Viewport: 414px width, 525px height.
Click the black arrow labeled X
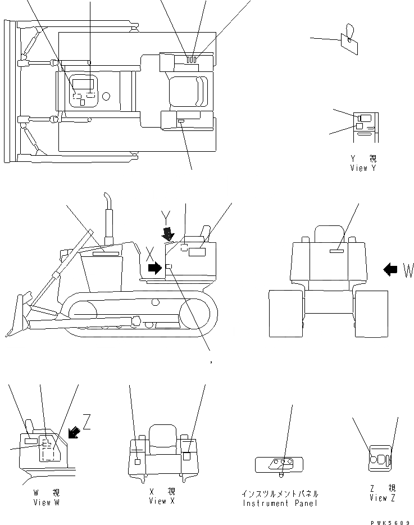coord(153,268)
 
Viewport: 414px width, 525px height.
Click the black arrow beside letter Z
coord(74,432)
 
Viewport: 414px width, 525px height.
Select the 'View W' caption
coord(46,502)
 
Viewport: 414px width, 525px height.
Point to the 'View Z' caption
coord(382,499)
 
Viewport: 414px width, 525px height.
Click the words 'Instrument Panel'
coord(280,503)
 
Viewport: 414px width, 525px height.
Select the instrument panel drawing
coord(279,464)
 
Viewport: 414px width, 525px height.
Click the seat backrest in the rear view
coord(329,233)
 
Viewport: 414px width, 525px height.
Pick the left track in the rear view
coord(285,314)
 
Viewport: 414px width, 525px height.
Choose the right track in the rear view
coord(371,314)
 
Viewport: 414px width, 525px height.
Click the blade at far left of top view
coord(8,90)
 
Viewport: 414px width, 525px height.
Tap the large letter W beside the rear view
coord(408,271)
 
